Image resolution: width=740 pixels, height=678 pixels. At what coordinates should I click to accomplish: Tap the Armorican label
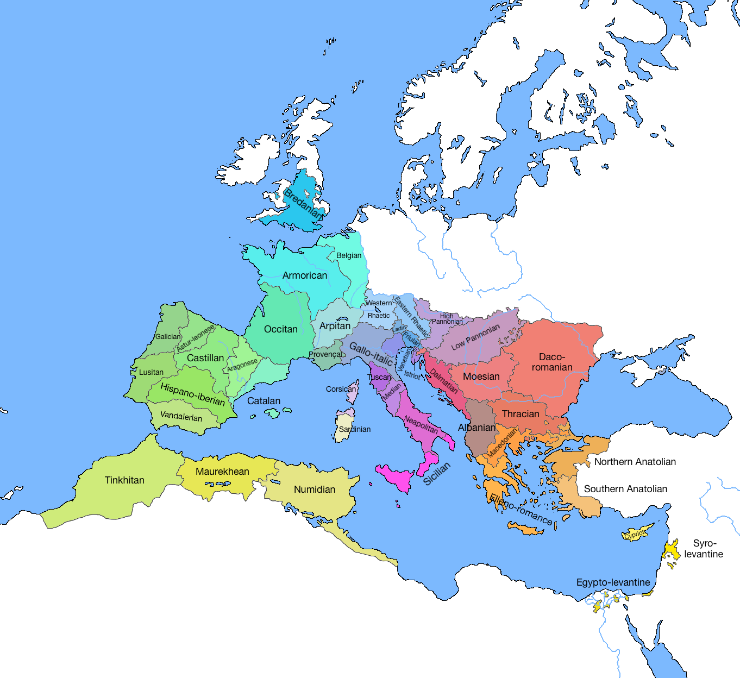(x=305, y=275)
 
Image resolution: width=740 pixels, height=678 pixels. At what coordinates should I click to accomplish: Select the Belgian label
(x=349, y=255)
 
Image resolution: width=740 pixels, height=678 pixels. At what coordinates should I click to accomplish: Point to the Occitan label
(x=281, y=329)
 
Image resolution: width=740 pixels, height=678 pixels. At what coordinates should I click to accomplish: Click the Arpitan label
(x=335, y=326)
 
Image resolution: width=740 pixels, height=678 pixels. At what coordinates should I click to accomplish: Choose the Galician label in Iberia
(x=168, y=337)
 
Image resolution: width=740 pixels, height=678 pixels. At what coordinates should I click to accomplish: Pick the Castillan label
(x=205, y=358)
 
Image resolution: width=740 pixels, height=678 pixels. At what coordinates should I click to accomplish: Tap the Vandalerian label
(x=181, y=417)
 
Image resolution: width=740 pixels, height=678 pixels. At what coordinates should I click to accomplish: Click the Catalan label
(x=264, y=401)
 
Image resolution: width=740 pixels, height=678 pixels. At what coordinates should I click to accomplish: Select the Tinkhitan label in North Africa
(x=124, y=480)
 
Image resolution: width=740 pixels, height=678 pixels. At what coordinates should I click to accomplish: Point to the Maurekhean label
(x=222, y=472)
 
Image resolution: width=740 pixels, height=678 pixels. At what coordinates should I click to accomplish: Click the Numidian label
(x=315, y=489)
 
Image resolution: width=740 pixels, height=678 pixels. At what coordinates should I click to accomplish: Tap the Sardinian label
(x=355, y=429)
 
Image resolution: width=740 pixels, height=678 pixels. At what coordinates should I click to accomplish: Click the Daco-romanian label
(x=552, y=362)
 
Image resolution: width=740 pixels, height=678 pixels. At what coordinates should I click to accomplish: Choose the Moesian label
(x=481, y=376)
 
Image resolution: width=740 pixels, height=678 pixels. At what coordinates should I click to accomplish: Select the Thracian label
(x=520, y=414)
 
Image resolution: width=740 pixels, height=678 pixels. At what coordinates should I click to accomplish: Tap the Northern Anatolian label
(x=635, y=462)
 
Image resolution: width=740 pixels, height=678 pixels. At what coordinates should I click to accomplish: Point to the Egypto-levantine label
(x=613, y=582)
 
